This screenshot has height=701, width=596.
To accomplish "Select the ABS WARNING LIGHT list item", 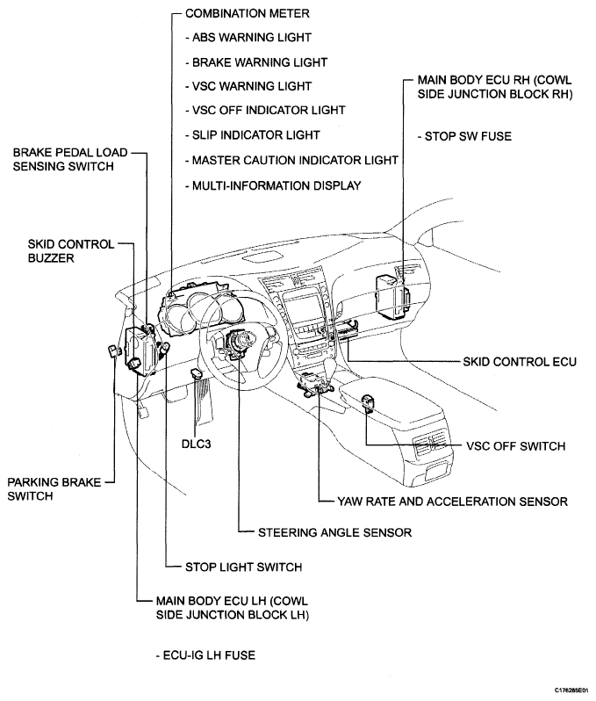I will coord(248,38).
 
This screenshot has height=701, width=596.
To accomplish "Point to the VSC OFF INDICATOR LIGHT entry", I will coord(265,111).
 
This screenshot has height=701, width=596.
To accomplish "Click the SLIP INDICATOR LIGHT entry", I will coord(253,135).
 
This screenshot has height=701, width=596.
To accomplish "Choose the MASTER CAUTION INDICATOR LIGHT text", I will coord(291,160).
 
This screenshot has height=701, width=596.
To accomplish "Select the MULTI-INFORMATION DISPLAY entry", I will coord(273,185).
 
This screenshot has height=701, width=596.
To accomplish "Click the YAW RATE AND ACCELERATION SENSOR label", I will coord(452,502).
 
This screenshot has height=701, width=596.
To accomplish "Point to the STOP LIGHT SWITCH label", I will coord(243,567).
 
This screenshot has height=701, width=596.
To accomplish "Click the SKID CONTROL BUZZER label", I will coord(70,251).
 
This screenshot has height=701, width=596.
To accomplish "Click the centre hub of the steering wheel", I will coord(239,338).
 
